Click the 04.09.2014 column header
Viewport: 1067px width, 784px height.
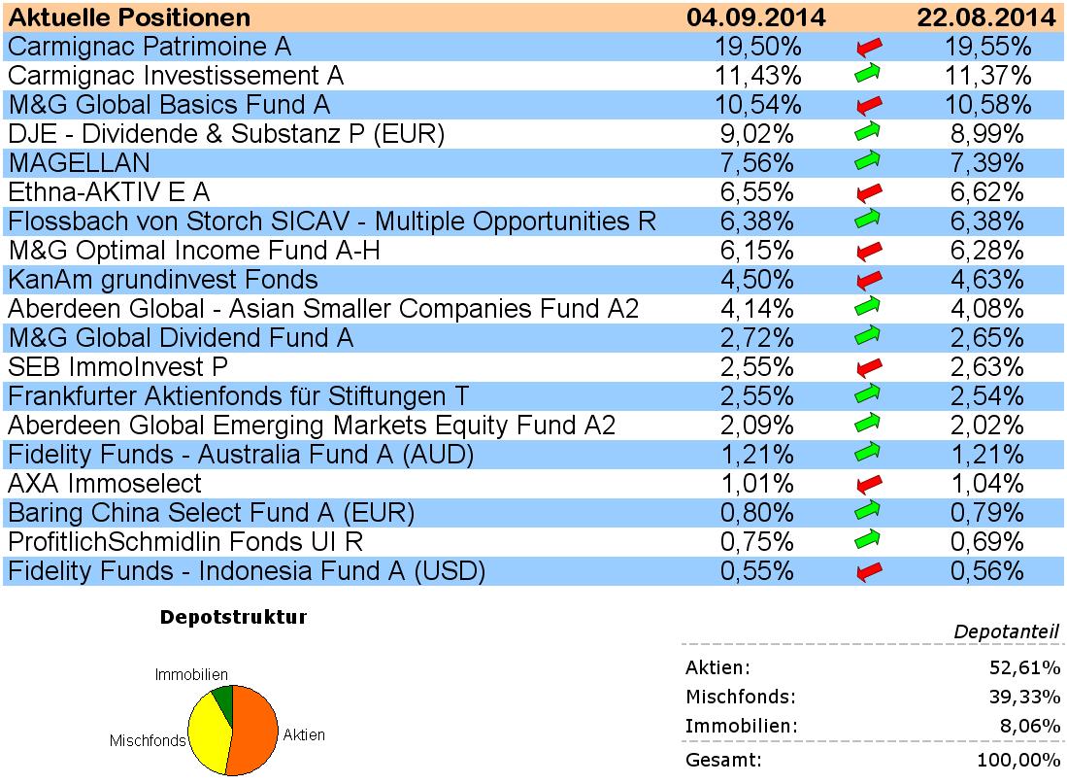[755, 17]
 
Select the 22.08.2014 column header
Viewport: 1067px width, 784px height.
[987, 17]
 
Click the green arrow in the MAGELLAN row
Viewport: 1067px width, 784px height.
[869, 163]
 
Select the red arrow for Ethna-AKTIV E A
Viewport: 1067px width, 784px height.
[869, 192]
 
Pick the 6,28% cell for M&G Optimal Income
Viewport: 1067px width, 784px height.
[987, 251]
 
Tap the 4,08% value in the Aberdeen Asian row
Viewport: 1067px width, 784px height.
[987, 309]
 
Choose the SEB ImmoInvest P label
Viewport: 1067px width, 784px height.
[117, 367]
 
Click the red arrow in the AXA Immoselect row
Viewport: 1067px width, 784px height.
[869, 484]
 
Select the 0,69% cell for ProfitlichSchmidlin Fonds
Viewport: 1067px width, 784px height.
[987, 542]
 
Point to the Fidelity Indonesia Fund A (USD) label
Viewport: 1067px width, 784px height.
[247, 571]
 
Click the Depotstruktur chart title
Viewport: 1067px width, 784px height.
[233, 618]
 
